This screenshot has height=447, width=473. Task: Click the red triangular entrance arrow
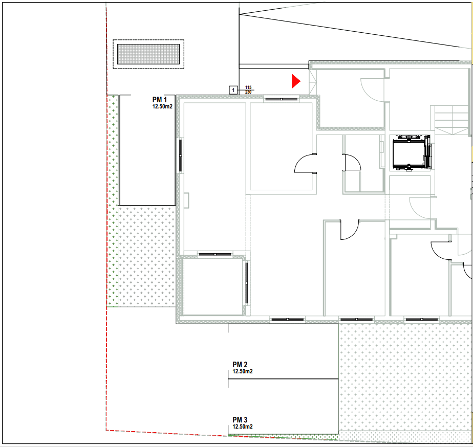click(296, 81)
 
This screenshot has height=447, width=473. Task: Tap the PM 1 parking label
click(160, 99)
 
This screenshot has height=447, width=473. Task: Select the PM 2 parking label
click(240, 365)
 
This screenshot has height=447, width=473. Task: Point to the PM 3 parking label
click(240, 420)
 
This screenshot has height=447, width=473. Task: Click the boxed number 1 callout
click(233, 90)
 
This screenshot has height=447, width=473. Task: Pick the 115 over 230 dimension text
click(248, 90)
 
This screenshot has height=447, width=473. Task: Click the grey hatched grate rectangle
click(148, 54)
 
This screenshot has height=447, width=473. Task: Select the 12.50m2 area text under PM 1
click(162, 106)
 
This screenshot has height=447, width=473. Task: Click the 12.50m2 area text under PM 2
click(243, 372)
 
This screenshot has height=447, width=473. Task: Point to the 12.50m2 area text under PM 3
click(243, 427)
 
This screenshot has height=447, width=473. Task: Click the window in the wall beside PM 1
click(180, 155)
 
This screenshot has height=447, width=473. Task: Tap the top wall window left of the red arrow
click(281, 99)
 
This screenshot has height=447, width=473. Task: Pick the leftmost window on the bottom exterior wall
click(287, 319)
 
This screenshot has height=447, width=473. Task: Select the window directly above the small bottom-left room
click(215, 254)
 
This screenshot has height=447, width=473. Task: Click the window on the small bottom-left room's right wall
click(246, 283)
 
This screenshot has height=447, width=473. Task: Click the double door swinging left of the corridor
click(305, 164)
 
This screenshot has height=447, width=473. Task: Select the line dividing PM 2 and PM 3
click(283, 379)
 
